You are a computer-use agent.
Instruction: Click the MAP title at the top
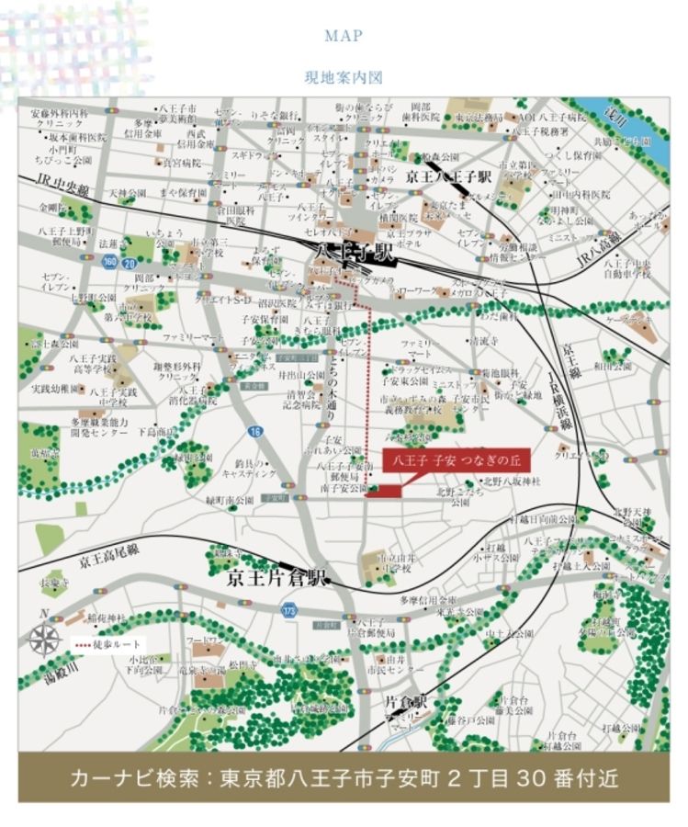[344, 36]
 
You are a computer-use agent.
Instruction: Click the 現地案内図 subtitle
[344, 78]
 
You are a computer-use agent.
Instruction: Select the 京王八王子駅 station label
[450, 176]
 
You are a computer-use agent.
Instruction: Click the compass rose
[43, 637]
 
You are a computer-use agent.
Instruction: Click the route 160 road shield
[109, 263]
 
